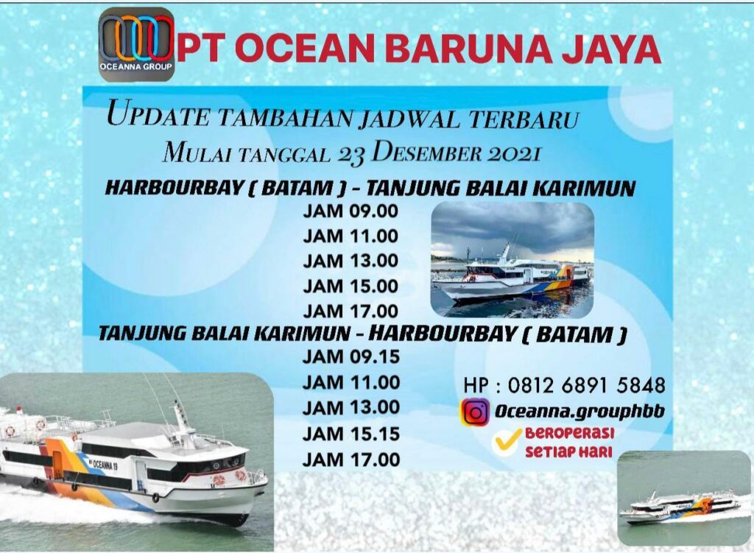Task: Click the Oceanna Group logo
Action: point(136,44)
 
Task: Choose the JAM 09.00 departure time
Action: point(350,211)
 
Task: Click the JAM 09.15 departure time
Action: point(350,357)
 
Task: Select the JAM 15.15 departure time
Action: point(350,434)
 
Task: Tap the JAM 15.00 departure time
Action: point(350,286)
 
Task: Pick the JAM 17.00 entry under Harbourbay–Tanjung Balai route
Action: point(350,311)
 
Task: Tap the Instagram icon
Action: point(475,412)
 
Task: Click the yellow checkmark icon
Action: point(506,440)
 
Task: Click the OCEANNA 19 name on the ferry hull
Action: point(106,463)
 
